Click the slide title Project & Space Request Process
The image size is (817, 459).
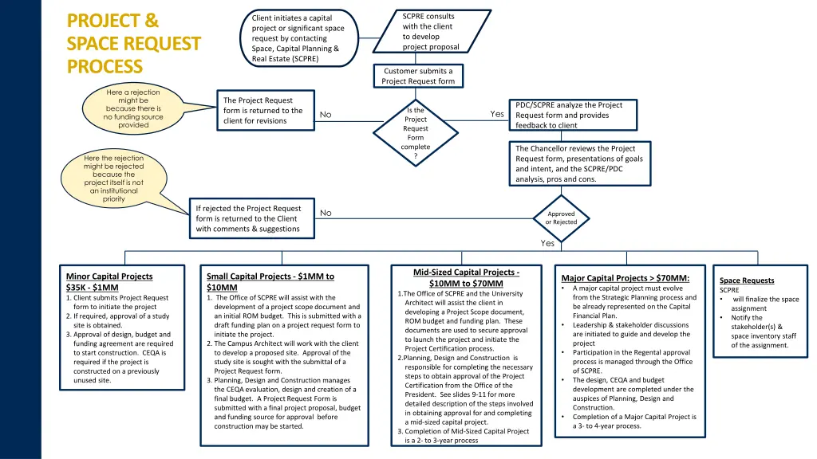(134, 43)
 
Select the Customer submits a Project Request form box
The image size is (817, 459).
(418, 76)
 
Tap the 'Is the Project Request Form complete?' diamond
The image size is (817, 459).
(416, 133)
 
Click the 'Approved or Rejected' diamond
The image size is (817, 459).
(561, 218)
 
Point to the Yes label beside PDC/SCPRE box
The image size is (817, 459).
(497, 114)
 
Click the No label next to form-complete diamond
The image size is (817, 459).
(326, 115)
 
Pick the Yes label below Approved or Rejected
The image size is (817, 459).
(547, 244)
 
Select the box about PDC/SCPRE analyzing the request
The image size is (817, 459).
(574, 115)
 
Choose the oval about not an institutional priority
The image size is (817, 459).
(113, 178)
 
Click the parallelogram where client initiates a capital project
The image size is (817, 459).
(297, 38)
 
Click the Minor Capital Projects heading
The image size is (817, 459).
(109, 277)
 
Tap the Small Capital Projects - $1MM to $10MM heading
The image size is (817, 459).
(270, 281)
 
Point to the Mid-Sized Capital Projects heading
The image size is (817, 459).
(466, 277)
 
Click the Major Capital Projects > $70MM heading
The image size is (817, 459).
(626, 278)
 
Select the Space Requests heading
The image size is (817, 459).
(747, 280)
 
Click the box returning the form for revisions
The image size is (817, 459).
(263, 111)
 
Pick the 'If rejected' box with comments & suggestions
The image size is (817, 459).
(249, 218)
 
